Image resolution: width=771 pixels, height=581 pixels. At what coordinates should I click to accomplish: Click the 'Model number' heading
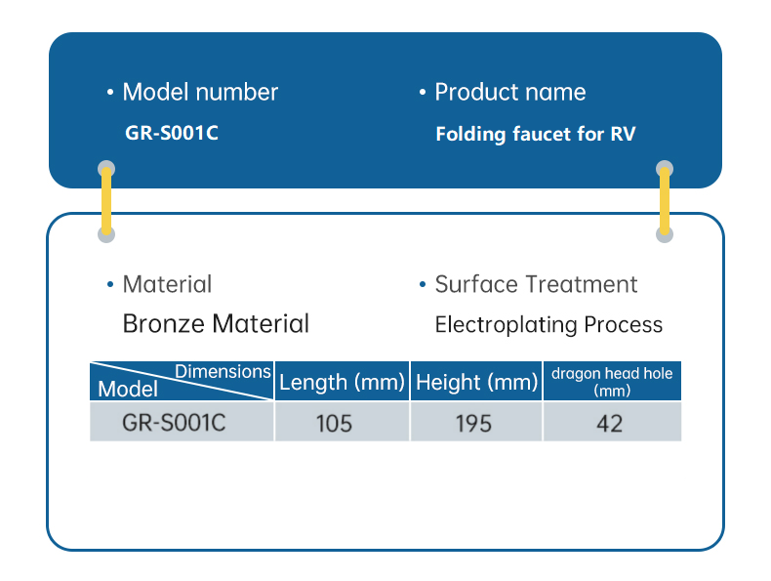(x=199, y=93)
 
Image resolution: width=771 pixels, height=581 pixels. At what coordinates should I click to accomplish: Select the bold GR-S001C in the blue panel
(x=172, y=133)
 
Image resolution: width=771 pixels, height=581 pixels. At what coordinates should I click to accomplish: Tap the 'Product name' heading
(x=509, y=93)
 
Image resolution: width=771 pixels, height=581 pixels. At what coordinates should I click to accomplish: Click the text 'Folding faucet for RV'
(x=535, y=134)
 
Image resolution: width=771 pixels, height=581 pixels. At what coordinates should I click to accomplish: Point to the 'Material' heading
(x=167, y=284)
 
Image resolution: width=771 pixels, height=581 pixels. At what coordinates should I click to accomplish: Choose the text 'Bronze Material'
(x=216, y=323)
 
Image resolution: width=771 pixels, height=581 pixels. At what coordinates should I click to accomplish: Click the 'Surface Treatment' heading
(x=536, y=284)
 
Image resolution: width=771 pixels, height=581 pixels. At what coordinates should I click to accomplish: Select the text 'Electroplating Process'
(x=548, y=324)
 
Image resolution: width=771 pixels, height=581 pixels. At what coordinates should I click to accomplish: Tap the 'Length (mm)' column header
(x=342, y=382)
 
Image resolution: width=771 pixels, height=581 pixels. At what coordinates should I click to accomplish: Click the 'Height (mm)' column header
(x=476, y=382)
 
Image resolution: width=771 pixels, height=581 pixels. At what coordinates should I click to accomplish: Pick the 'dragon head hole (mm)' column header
(x=612, y=381)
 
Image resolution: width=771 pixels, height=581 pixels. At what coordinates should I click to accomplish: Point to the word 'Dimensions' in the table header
(x=223, y=371)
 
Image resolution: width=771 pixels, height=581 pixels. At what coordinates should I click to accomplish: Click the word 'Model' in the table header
(x=128, y=389)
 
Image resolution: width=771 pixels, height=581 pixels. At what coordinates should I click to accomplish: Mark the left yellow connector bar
(x=107, y=201)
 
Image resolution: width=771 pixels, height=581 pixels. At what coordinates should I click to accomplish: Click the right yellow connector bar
(x=665, y=201)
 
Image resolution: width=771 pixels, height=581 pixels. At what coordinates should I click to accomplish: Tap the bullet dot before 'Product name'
(x=423, y=93)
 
